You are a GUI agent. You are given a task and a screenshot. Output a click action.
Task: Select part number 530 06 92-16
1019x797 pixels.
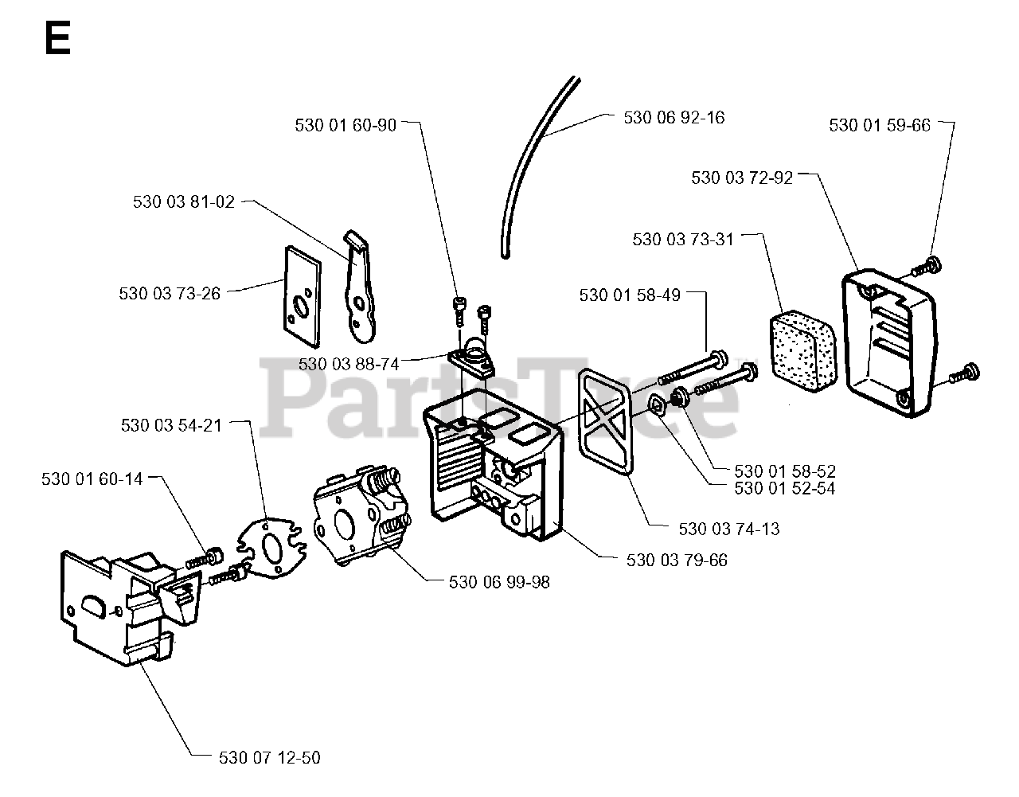click(x=674, y=118)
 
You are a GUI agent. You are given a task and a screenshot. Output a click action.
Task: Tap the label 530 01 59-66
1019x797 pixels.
click(x=879, y=126)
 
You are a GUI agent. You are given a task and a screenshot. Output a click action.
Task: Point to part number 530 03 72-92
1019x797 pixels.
click(x=742, y=178)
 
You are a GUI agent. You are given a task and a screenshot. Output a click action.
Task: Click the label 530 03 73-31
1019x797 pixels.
click(x=683, y=239)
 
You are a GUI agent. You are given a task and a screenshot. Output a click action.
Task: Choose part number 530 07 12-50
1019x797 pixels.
click(x=269, y=757)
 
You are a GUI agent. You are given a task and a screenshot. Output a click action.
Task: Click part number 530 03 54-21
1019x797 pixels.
click(x=171, y=425)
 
